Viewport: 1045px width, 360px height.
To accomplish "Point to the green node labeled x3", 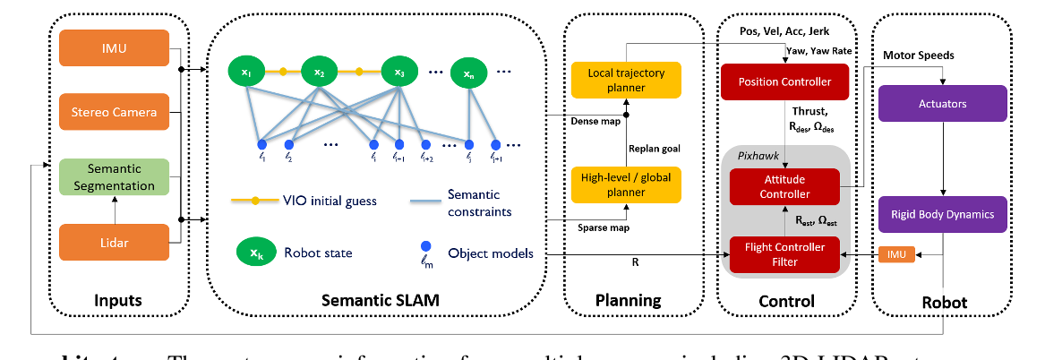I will point(399,70).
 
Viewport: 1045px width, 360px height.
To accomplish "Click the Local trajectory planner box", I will point(626,80).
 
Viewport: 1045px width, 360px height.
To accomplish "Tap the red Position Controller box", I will point(784,82).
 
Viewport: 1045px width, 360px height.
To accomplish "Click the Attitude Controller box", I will point(784,187).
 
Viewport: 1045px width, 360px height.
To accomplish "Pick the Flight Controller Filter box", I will point(784,254).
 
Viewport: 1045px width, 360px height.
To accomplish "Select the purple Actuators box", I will point(942,104).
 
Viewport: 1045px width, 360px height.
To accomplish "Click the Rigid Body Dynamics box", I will point(942,214).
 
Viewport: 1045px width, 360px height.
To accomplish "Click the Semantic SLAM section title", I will point(381,302).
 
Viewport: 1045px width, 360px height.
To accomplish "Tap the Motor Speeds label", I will point(918,55).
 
